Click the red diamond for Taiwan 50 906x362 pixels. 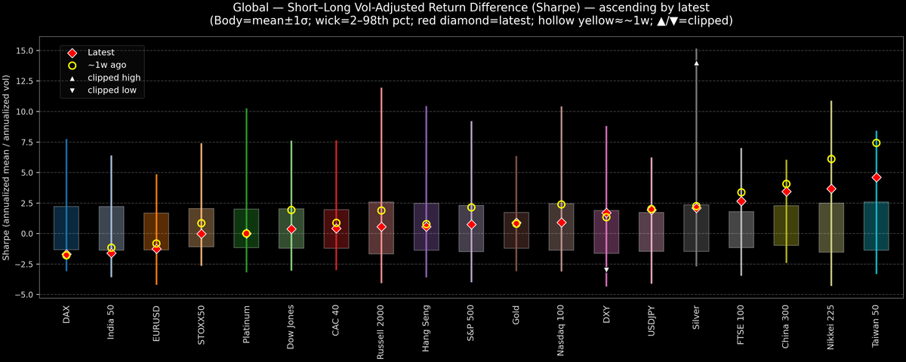tap(877, 177)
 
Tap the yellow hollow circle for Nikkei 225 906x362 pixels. tap(831, 159)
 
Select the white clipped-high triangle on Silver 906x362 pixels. tap(696, 63)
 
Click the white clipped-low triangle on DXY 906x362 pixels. tap(606, 269)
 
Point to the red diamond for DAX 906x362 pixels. tap(66, 255)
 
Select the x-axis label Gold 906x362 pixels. tap(516, 315)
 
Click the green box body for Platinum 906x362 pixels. tap(246, 228)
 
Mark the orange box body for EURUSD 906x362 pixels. tap(156, 231)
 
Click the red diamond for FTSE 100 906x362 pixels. tap(741, 201)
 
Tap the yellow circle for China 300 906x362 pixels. tap(786, 184)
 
